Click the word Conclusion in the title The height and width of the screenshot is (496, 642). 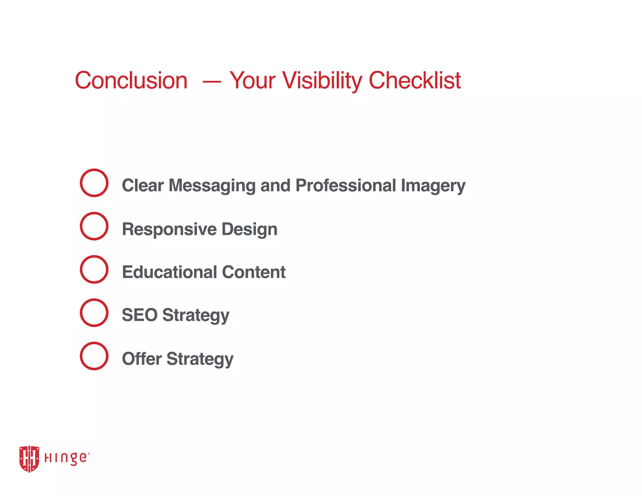[x=131, y=81]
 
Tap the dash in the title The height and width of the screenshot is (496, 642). [x=212, y=82]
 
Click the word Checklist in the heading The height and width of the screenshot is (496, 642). [x=414, y=81]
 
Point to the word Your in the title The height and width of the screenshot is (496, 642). [x=252, y=81]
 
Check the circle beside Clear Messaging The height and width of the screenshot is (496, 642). [x=94, y=183]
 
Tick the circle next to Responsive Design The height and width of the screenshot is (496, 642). [x=94, y=226]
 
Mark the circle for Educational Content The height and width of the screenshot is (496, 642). [x=94, y=269]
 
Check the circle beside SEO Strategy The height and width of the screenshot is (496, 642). [x=94, y=313]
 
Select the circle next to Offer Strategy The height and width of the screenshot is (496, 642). [x=94, y=356]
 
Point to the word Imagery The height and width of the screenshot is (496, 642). [x=433, y=186]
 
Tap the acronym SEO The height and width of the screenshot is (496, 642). [x=139, y=315]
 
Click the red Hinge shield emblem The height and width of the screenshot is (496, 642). [x=29, y=459]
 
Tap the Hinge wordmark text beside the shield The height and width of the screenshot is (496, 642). [x=66, y=458]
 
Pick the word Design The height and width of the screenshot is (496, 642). [x=249, y=229]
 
